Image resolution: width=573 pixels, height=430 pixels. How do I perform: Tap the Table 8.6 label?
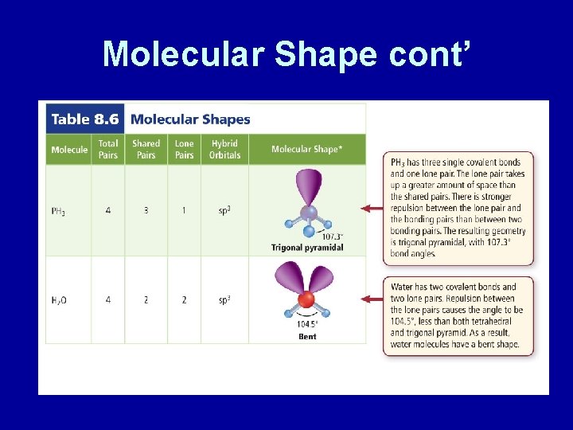84,119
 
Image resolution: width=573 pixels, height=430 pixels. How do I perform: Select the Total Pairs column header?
108,149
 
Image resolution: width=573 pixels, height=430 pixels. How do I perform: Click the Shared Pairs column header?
146,149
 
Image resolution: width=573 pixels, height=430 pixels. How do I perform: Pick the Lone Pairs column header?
184,149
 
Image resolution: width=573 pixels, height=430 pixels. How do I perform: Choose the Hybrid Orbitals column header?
224,149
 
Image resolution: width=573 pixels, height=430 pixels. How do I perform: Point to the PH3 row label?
58,211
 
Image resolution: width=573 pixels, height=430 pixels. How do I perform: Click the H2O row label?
59,300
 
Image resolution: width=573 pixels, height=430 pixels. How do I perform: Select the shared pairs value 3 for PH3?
146,210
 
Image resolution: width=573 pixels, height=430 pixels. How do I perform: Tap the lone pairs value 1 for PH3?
184,210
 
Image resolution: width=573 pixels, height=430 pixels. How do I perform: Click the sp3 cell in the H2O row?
224,299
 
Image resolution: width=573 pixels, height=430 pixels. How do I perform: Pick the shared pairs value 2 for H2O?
146,299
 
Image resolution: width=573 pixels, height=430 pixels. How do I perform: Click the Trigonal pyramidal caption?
307,248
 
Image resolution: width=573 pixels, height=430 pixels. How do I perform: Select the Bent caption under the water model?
307,337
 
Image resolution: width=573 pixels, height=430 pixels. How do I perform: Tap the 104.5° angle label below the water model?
307,325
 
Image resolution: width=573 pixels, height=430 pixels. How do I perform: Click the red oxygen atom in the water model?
306,299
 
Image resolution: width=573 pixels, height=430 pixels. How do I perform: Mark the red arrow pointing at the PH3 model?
372,209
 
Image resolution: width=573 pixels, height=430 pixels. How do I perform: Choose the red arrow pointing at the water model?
372,299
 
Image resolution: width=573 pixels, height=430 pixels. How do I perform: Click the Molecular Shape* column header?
307,149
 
